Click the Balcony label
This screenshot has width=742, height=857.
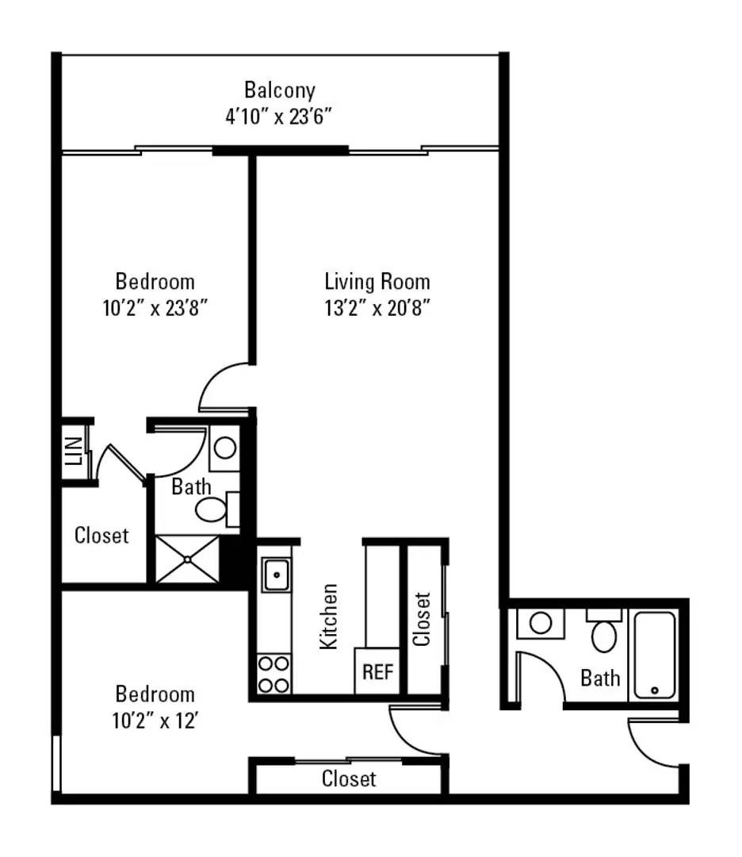[x=279, y=90]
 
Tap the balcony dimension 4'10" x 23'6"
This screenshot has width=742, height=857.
[x=278, y=117]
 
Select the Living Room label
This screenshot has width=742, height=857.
[x=377, y=282]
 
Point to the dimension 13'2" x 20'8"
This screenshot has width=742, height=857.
[x=377, y=308]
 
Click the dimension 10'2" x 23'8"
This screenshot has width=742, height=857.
[x=155, y=308]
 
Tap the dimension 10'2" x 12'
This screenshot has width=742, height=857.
[x=155, y=721]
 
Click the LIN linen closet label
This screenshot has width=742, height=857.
[x=75, y=454]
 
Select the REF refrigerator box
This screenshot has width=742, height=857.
[x=378, y=671]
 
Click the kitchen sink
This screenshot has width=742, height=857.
[x=276, y=573]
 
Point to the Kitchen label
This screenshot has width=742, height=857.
[x=329, y=617]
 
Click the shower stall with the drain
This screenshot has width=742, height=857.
[x=187, y=559]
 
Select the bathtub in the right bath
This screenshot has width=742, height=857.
[x=655, y=655]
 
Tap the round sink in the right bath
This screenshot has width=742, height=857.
[x=541, y=623]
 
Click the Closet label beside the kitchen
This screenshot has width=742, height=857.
[x=422, y=619]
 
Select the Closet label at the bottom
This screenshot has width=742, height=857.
[x=349, y=779]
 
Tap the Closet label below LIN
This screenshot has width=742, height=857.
[x=101, y=536]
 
